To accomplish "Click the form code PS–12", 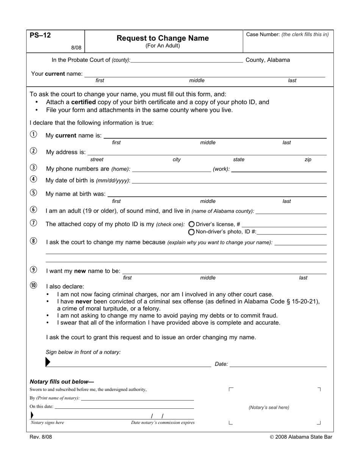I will point(40,36).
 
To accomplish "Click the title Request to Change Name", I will point(163,38).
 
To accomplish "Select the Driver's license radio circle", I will point(191,224).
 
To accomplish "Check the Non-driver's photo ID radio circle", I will point(191,232).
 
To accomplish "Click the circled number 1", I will point(34,134).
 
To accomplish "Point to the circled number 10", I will point(34,286).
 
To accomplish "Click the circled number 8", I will point(34,241).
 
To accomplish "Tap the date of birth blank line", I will point(229,181).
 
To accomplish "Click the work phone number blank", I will point(279,169).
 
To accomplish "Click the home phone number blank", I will point(171,169).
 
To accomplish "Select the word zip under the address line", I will point(308,160).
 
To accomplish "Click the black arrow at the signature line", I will point(48,362).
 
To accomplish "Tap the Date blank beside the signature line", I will point(278,364).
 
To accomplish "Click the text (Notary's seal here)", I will point(269,408).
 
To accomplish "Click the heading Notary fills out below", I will point(62,382).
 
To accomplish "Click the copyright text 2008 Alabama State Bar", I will point(301,437).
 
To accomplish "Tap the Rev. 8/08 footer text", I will point(41,437).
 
